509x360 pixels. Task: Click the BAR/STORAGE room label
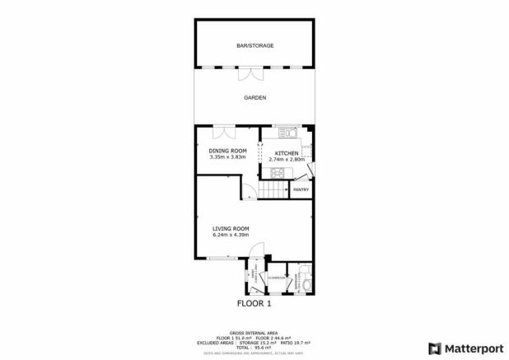[x=254, y=45]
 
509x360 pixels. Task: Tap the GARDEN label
[x=254, y=97]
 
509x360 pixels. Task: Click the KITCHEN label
[x=286, y=153]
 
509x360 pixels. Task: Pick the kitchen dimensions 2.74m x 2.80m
[x=287, y=160]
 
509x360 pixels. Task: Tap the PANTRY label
[x=301, y=189]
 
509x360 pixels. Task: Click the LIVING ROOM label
[x=231, y=228]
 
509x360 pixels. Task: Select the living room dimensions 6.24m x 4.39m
[x=231, y=236]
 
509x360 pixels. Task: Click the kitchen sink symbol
[x=287, y=132]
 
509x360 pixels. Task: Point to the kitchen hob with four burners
[x=276, y=173]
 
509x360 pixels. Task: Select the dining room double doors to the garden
[x=222, y=132]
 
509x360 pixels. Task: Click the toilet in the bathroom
[x=306, y=283]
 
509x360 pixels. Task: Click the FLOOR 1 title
[x=254, y=303]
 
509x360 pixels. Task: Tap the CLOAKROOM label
[x=277, y=278]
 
